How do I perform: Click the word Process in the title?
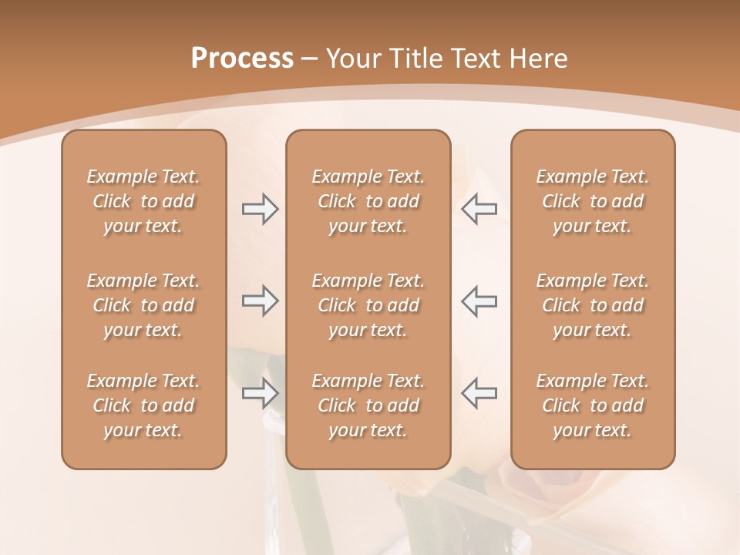(242, 59)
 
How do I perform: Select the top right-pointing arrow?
(260, 209)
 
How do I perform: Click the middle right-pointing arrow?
(260, 301)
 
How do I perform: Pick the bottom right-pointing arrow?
(260, 393)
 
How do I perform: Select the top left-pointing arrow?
(479, 209)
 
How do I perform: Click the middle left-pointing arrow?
(479, 301)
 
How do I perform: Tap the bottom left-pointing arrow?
(479, 393)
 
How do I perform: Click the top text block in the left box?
(143, 201)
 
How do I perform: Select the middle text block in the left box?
(143, 305)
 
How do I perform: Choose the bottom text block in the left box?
(143, 405)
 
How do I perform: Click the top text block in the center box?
(368, 201)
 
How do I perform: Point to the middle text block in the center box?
(368, 305)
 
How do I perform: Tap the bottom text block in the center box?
(368, 405)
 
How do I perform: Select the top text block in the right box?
(592, 201)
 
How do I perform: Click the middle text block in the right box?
(592, 305)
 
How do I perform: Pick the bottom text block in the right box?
(592, 405)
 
